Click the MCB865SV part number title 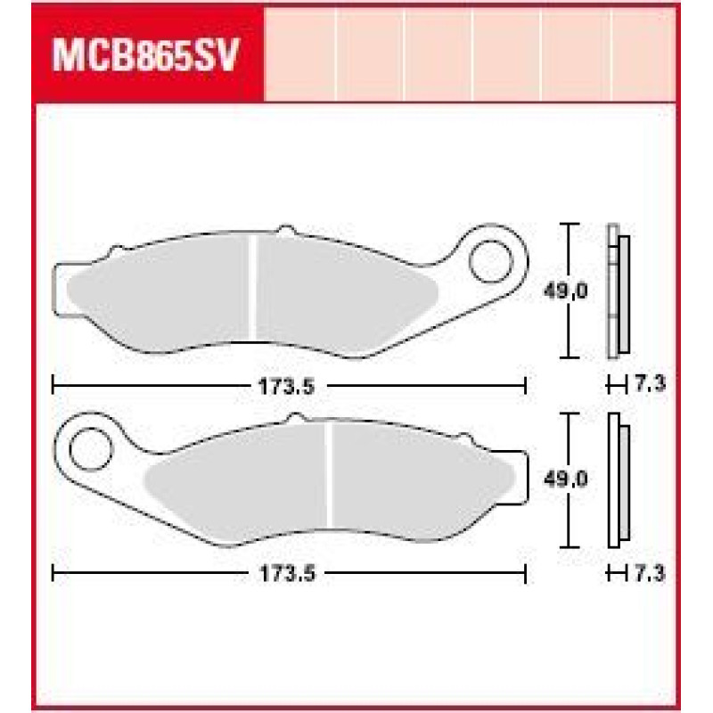coord(145,55)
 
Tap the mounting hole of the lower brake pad coord(91,449)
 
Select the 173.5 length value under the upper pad coord(286,387)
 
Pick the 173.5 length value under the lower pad coord(287,574)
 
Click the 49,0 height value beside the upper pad coord(566,291)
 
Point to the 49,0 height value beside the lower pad coord(566,479)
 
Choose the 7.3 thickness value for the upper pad coord(650,385)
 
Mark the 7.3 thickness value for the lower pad coord(650,574)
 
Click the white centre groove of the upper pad coord(253,287)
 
